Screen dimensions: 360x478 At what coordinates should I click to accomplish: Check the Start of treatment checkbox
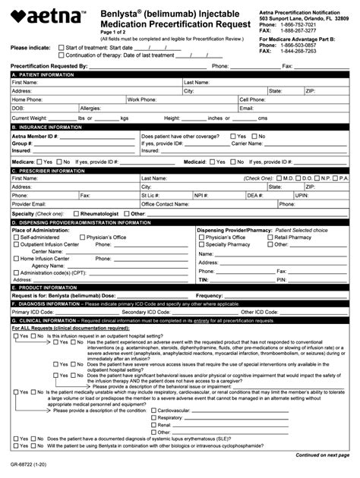point(62,47)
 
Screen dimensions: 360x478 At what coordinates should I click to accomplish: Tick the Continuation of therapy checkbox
point(62,55)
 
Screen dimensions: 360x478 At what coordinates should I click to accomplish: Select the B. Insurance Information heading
point(45,127)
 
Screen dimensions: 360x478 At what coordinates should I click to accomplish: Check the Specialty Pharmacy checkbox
point(201,244)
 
